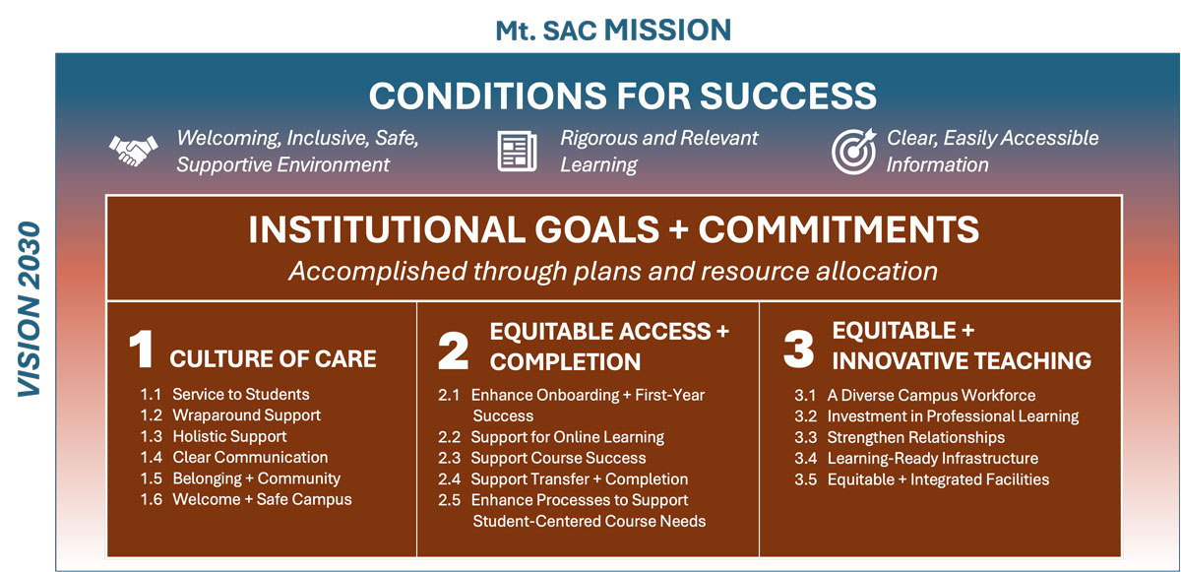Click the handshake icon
click(x=132, y=152)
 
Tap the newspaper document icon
click(x=517, y=152)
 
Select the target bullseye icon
click(x=853, y=152)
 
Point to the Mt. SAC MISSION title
click(x=613, y=29)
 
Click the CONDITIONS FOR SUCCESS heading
click(x=622, y=95)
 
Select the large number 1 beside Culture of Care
click(x=142, y=351)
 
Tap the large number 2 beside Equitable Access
click(x=453, y=351)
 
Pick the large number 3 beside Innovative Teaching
click(x=798, y=351)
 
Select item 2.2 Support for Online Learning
click(x=551, y=437)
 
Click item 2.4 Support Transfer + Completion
click(x=563, y=479)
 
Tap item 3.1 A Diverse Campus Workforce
click(x=914, y=396)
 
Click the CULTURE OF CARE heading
click(x=273, y=359)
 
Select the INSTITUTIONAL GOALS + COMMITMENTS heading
click(x=613, y=229)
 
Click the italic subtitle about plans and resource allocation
click(x=613, y=271)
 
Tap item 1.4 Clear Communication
click(x=234, y=457)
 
